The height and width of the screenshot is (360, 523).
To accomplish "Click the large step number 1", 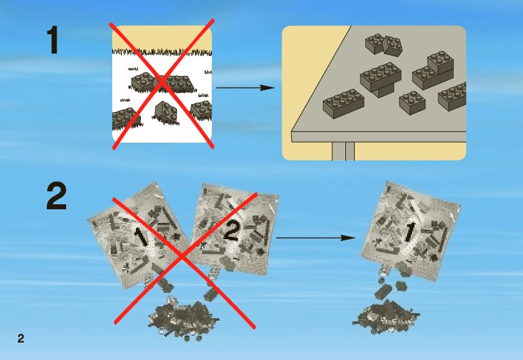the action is point(53,40).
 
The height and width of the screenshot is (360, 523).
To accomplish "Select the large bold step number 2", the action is point(56,197).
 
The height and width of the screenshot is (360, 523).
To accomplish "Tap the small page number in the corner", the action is point(21,338).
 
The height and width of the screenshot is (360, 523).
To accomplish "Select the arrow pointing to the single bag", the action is point(315,238).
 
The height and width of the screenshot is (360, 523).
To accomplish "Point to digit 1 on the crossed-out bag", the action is point(140,237).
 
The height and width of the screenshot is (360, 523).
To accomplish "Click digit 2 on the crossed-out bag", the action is point(231,232).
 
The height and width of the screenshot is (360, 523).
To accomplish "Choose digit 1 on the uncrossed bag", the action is point(408,232).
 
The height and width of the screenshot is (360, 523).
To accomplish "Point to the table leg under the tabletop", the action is point(343,150).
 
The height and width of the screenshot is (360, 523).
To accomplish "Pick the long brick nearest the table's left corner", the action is point(343,102).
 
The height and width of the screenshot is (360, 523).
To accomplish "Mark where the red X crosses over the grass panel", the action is point(162,83).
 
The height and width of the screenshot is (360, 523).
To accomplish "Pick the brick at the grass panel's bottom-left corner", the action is point(123,117).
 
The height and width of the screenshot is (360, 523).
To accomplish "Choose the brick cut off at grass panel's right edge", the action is point(202,110).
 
